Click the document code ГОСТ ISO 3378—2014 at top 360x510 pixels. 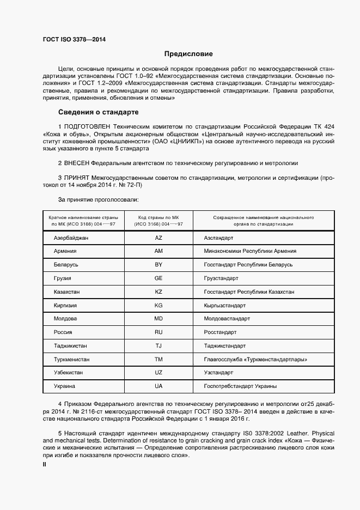pos(74,40)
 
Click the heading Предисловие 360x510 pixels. pos(188,54)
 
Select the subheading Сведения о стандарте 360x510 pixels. pos(98,113)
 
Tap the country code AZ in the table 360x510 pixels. pos(158,238)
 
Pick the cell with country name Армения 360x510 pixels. pos(65,251)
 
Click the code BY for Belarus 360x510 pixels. pos(158,265)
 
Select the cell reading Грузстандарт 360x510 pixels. pos(221,278)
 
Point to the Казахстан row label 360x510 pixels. pos(68,292)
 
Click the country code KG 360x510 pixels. pos(158,305)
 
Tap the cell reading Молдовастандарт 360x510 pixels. pos(227,319)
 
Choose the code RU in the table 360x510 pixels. pos(158,332)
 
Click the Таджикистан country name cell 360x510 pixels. pos(70,346)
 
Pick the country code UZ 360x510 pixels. pos(158,373)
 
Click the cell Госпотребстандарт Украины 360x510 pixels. pos(240,386)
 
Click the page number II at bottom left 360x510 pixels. pos(45,464)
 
